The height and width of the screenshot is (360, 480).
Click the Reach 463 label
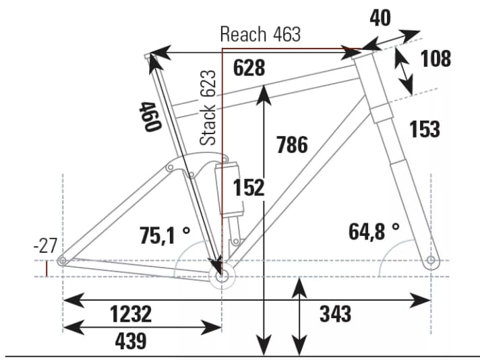260,34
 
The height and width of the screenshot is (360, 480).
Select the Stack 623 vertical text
209,107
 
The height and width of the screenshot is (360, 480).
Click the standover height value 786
292,144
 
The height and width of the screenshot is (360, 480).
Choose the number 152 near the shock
249,187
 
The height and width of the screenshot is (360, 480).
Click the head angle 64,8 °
374,232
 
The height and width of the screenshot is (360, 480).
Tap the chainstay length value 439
131,341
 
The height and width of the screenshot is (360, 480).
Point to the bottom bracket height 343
336,313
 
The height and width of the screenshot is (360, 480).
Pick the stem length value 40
380,18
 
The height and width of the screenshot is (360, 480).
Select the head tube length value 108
435,59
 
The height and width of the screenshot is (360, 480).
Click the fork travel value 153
424,128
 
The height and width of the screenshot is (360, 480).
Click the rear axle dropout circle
62,261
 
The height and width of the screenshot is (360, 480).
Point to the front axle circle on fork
431,261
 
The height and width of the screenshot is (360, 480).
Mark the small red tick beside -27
47,269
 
